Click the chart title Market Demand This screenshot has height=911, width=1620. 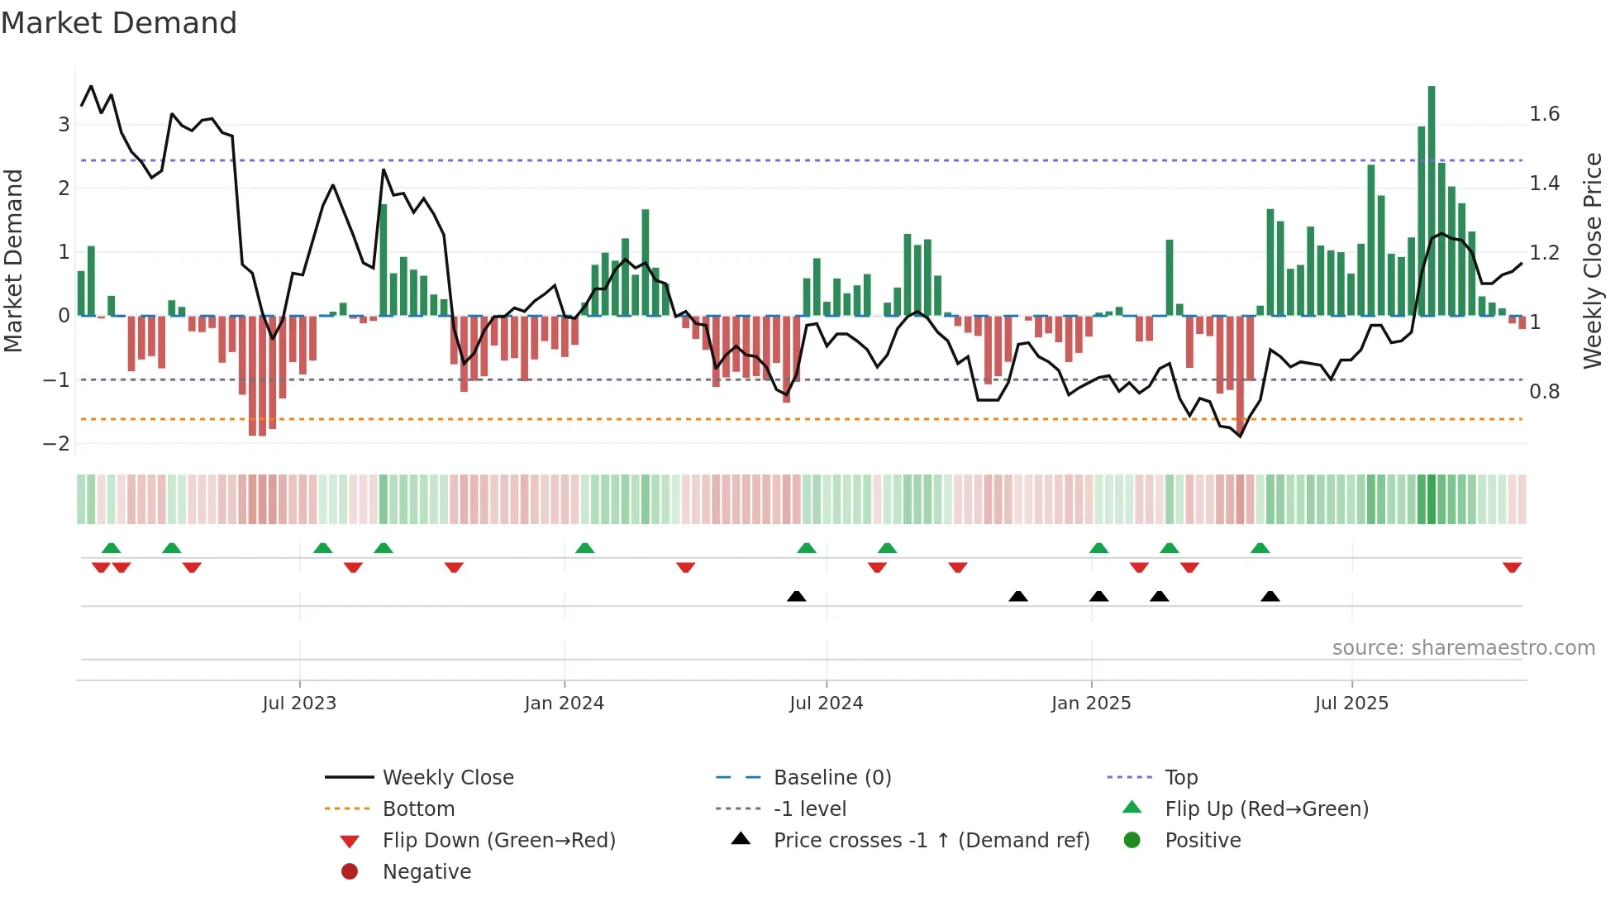pos(119,23)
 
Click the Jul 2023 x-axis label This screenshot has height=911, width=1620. pos(299,704)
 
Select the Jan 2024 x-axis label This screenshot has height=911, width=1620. pos(565,704)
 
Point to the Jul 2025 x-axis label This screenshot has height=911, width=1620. pos(1352,704)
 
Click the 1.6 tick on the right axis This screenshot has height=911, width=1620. pos(1544,114)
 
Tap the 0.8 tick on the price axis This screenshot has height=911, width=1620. pos(1544,391)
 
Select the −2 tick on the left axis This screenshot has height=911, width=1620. pos(56,443)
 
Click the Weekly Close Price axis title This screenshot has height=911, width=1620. pos(1593,260)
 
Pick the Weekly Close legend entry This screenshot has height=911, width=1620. pos(448,777)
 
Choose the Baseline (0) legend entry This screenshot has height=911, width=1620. pos(832,777)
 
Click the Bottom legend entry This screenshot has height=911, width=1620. pos(418,808)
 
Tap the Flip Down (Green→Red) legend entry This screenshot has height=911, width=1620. pos(498,840)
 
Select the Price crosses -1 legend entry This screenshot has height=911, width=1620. pos(931,840)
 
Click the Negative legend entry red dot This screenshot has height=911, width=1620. pos(350,871)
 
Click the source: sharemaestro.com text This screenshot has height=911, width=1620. pos(1463,647)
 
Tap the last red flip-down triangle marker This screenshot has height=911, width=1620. pos(1512,567)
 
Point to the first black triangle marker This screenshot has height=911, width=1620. pos(796,596)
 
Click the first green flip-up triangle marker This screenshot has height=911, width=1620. pos(111,548)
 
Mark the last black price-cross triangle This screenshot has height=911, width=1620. pos(1270,596)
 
